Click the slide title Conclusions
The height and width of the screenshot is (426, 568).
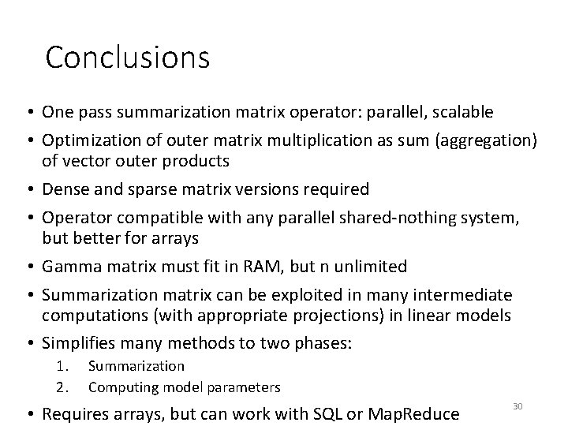(128, 57)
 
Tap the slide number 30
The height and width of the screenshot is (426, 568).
(518, 405)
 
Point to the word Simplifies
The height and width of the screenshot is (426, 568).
(80, 344)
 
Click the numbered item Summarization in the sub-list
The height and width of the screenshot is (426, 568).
(136, 366)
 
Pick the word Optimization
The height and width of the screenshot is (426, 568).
(89, 140)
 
